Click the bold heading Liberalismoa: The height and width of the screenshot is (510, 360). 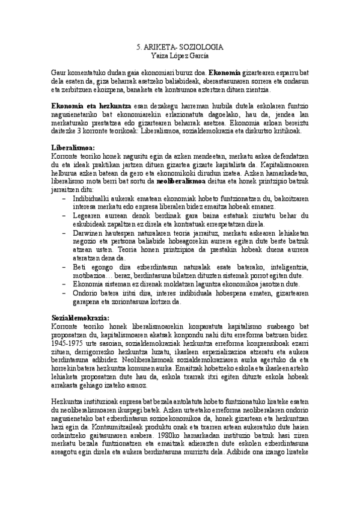pyautogui.click(x=73, y=147)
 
